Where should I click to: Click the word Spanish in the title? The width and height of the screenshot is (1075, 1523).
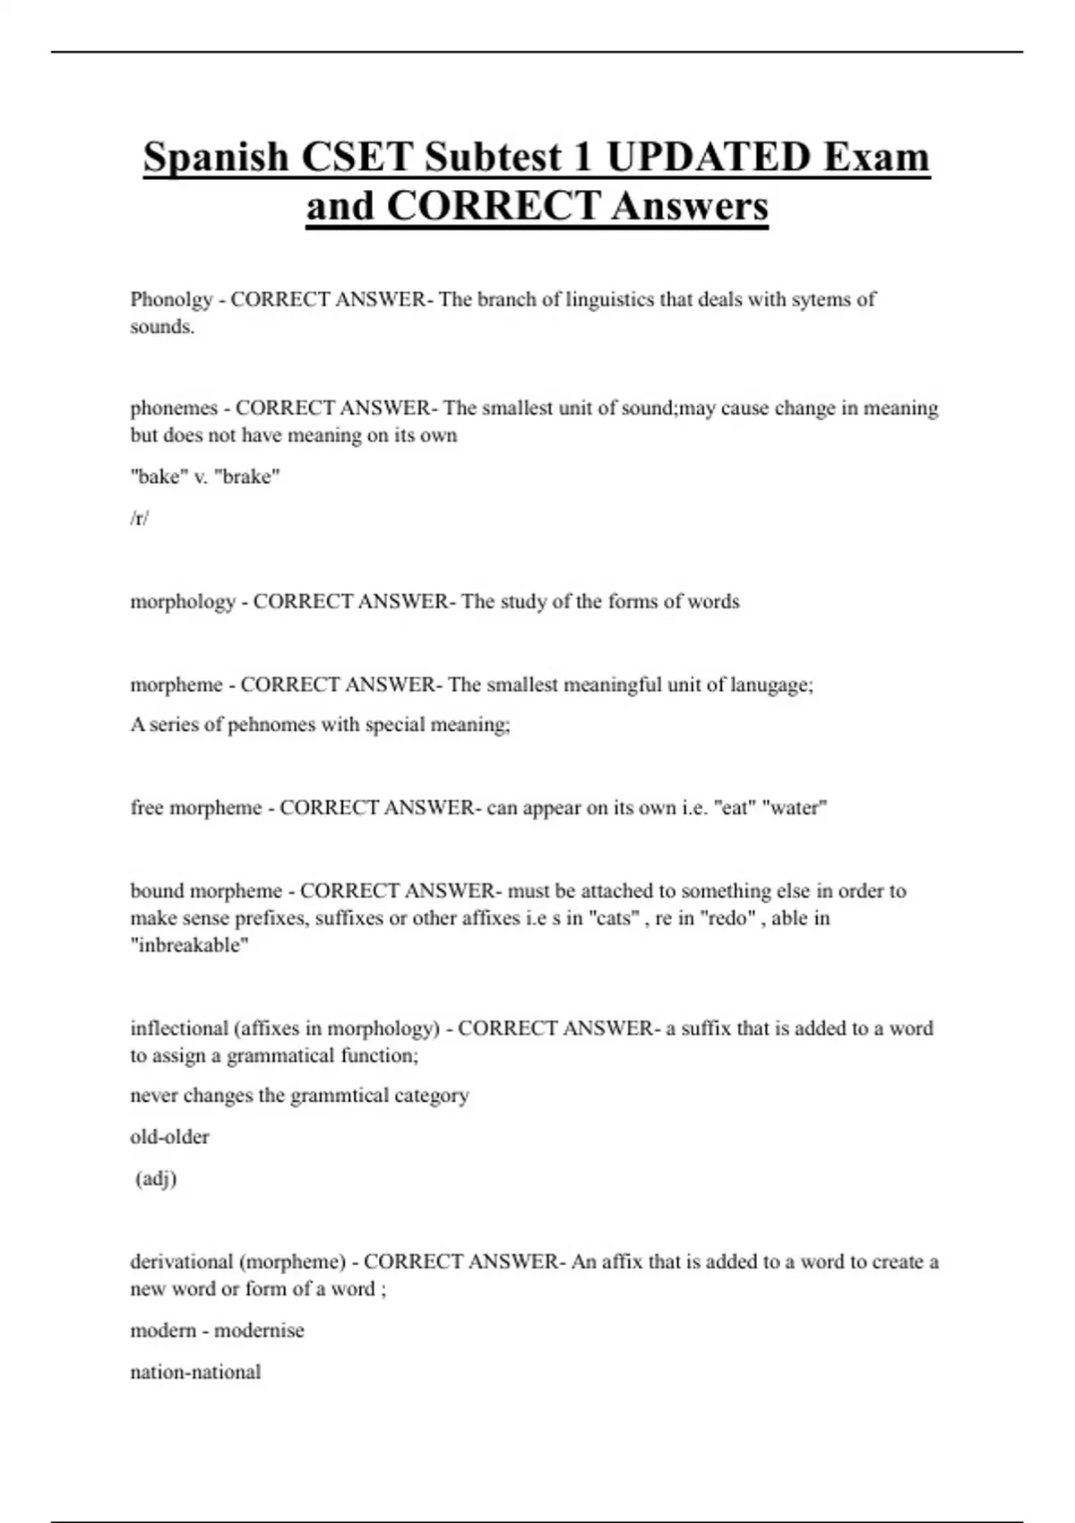tap(216, 158)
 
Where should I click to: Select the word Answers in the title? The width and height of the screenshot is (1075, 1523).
tap(690, 206)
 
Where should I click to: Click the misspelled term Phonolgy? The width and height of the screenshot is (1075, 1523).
tap(171, 299)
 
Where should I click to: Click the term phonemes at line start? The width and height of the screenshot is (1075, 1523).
tap(174, 409)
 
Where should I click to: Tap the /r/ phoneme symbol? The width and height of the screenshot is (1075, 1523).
tap(139, 518)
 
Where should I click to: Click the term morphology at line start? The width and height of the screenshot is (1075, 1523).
tap(183, 601)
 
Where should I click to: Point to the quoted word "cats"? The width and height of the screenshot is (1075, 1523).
tap(611, 918)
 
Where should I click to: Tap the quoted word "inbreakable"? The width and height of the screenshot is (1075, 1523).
tap(189, 945)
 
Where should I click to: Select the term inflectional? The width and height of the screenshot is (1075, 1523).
tap(179, 1028)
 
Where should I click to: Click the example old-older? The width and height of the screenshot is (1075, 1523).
tap(169, 1137)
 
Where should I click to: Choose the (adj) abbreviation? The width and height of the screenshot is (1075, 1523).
tap(156, 1178)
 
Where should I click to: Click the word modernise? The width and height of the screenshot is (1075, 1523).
tap(259, 1330)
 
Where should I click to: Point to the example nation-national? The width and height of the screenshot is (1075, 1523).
tap(195, 1372)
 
